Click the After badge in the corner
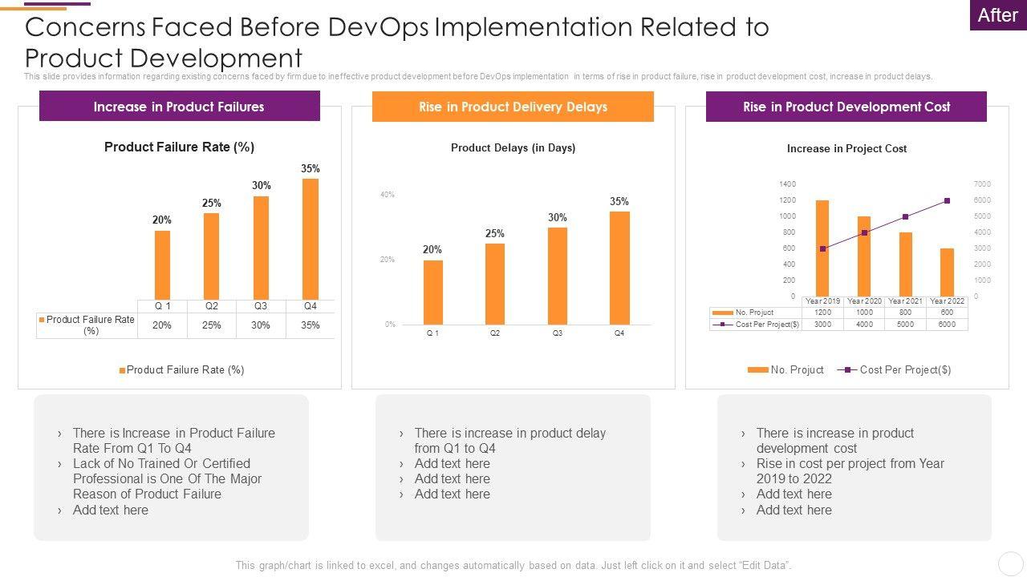(997, 15)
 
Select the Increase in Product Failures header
(179, 107)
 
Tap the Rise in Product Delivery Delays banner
(513, 107)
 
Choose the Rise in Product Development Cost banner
(846, 107)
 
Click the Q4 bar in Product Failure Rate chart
(311, 239)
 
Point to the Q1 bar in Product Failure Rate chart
(162, 264)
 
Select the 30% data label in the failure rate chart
(262, 185)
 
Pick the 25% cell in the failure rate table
(212, 325)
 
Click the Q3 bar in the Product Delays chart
(558, 276)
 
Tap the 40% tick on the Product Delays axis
(388, 195)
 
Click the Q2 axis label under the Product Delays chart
(495, 333)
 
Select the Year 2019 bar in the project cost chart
(822, 248)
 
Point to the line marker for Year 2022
(948, 201)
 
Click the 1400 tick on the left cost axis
(787, 184)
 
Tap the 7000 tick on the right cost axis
(983, 184)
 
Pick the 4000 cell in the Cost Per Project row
(864, 325)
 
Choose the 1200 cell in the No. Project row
(822, 313)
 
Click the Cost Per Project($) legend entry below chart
(895, 369)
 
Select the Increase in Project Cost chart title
(846, 148)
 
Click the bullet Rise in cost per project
(850, 471)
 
